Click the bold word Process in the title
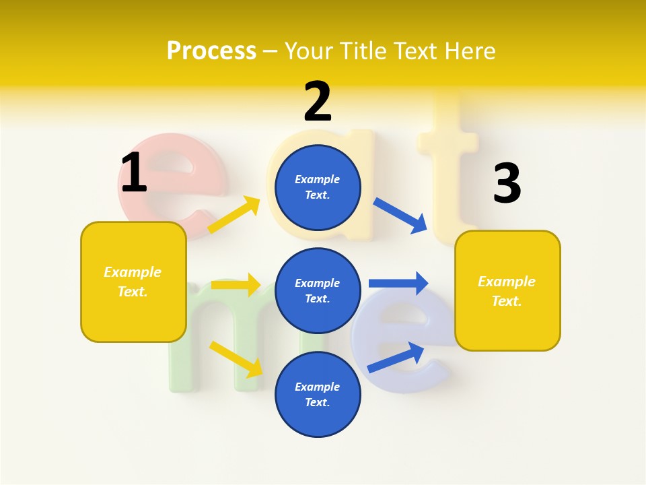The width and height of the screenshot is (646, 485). [x=211, y=51]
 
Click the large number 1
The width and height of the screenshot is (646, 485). [x=133, y=173]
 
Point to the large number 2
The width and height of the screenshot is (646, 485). [x=318, y=102]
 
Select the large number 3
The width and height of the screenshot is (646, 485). [x=507, y=184]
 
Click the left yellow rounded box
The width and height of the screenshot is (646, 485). [x=133, y=282]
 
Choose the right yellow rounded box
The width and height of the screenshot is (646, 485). [x=507, y=291]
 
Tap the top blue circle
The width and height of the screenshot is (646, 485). [x=318, y=187]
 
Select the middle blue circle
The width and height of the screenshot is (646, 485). [x=318, y=290]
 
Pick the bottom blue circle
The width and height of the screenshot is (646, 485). [x=318, y=394]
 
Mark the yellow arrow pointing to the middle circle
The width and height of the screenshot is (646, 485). [x=236, y=285]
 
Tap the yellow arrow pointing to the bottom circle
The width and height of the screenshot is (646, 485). [x=236, y=358]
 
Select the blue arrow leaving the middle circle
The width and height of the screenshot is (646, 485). [x=398, y=283]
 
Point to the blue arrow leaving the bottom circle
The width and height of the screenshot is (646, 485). [x=396, y=358]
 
